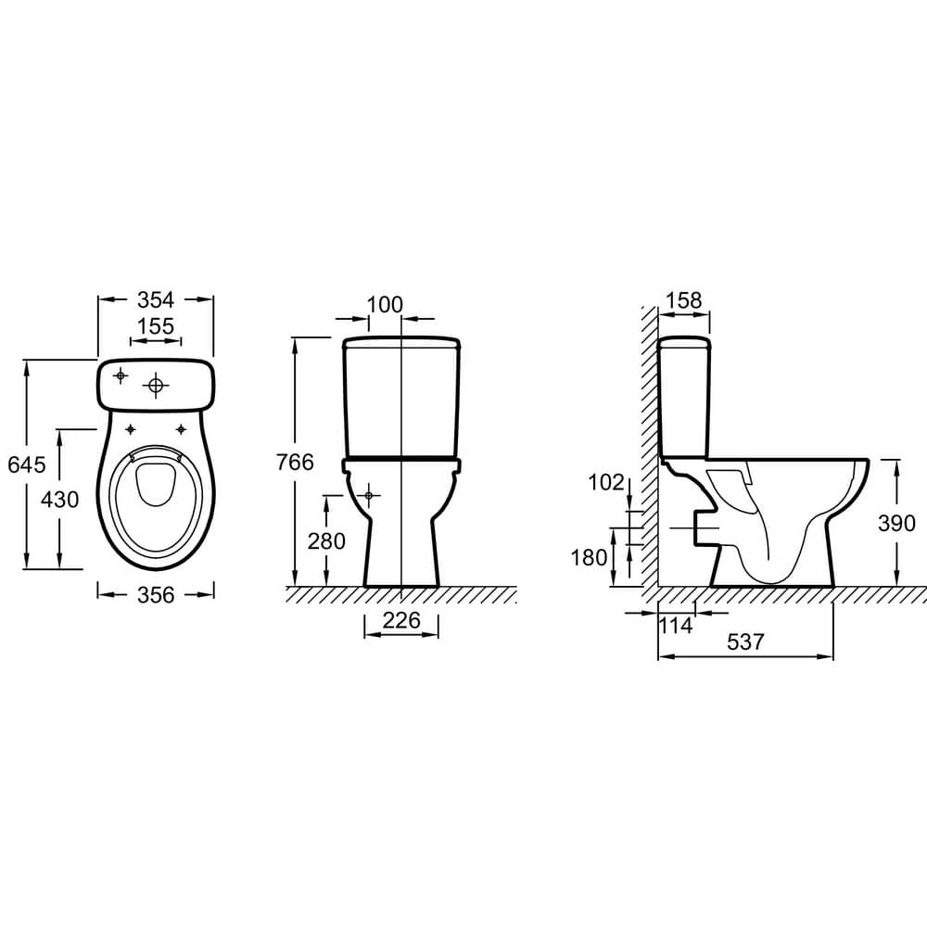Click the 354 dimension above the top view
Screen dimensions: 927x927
coord(156,300)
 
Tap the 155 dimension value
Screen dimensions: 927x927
coord(156,326)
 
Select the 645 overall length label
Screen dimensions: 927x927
coord(27,464)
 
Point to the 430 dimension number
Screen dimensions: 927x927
coord(59,501)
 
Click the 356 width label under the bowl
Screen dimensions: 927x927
coord(156,595)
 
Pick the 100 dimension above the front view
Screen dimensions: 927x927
coord(385,305)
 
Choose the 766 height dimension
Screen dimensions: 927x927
coord(295,463)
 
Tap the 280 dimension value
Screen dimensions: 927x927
coord(326,541)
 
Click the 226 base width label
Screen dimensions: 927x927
coord(401,620)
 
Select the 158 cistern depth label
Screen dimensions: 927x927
coord(684,300)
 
